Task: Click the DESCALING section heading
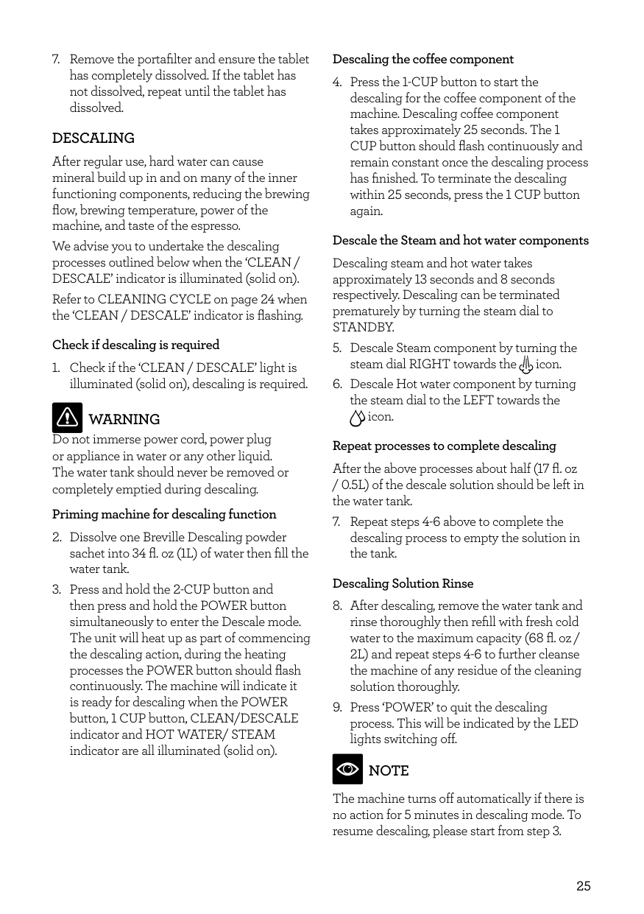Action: click(93, 138)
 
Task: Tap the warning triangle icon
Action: click(67, 418)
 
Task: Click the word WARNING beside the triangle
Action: click(124, 419)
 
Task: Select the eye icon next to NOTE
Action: click(347, 770)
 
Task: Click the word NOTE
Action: click(389, 771)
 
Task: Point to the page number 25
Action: click(583, 886)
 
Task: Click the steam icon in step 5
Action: click(526, 365)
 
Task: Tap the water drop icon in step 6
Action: click(357, 418)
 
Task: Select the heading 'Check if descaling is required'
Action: click(136, 345)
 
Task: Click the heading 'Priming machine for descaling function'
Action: click(164, 514)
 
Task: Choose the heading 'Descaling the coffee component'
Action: click(423, 59)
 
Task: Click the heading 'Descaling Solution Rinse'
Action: click(403, 583)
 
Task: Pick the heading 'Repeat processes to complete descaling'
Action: click(444, 446)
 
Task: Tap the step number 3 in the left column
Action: click(56, 589)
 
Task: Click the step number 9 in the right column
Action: click(337, 707)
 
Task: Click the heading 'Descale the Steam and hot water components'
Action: click(460, 240)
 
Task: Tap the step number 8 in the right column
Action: click(337, 605)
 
